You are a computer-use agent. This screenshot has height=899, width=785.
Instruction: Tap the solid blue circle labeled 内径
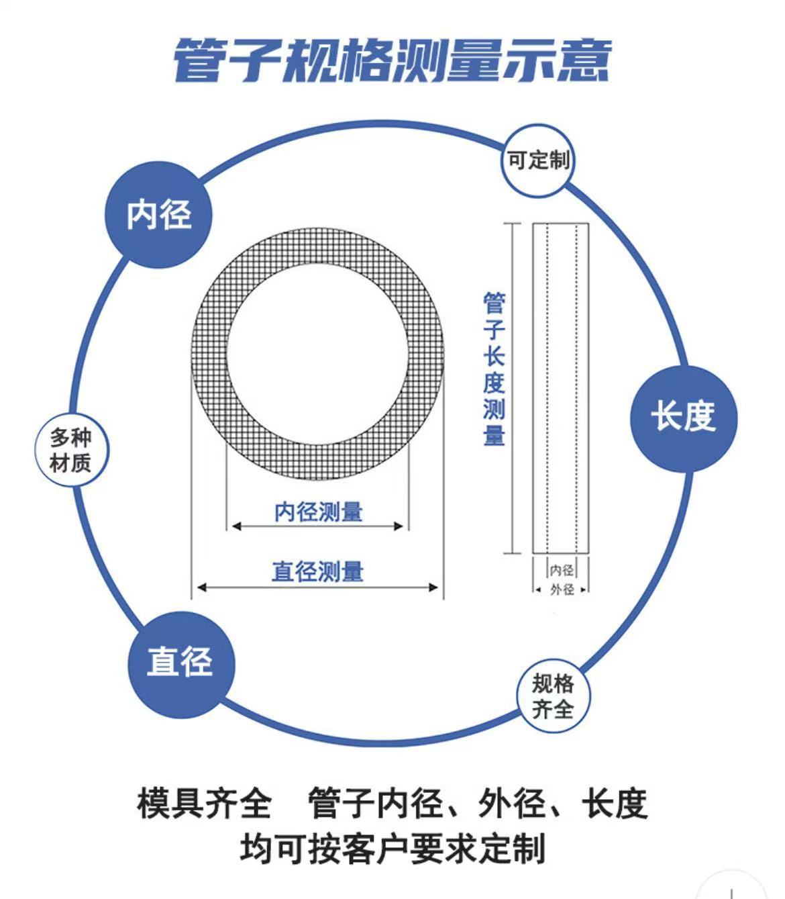click(159, 215)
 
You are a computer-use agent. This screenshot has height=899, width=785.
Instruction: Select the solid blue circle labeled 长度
click(684, 418)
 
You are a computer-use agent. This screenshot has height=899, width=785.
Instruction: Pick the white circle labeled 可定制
click(537, 161)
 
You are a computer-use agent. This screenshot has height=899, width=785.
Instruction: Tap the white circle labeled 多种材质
click(70, 451)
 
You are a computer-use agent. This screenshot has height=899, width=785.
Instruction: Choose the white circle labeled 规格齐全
click(553, 696)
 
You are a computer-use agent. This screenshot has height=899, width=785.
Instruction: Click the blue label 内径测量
click(318, 512)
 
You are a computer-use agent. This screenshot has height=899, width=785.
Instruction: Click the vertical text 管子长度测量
click(494, 369)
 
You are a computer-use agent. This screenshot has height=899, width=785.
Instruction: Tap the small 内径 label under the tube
click(562, 570)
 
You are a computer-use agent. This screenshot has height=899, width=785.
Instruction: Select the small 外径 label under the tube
click(562, 589)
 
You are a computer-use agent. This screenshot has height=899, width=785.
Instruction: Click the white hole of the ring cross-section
click(317, 354)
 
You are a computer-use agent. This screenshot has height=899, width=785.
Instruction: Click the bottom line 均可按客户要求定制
click(392, 848)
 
